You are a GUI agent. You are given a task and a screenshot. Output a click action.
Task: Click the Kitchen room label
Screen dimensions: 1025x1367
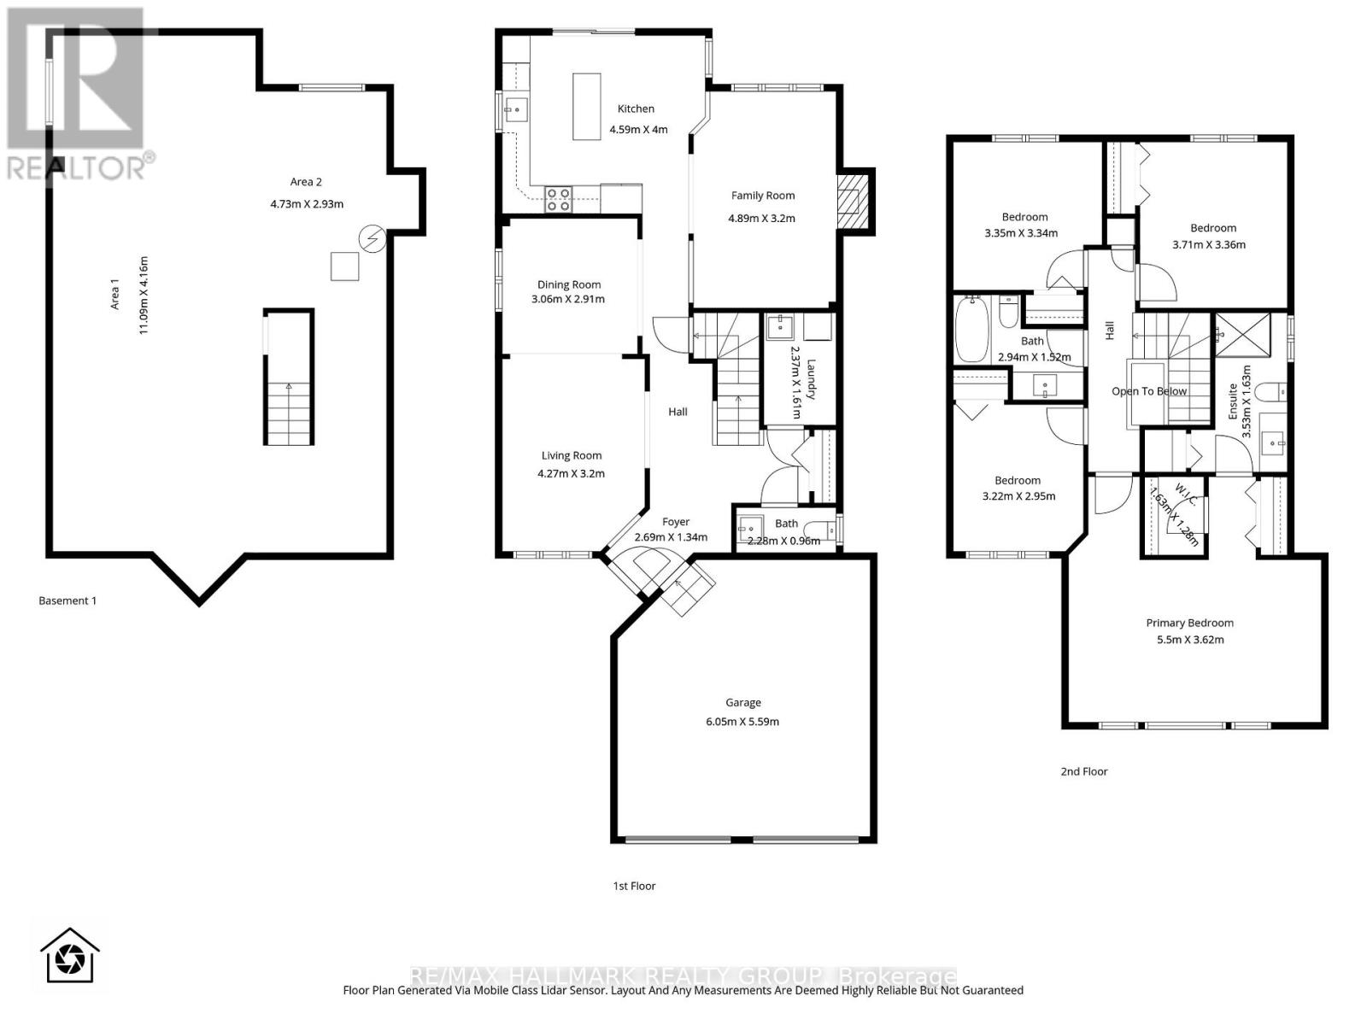(636, 108)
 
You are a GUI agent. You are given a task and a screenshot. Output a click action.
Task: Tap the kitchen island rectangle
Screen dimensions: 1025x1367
(586, 106)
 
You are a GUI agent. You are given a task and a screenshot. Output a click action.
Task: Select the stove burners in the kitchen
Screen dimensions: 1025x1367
(558, 200)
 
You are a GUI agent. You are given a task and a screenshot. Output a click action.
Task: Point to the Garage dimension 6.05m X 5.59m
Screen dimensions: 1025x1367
(742, 721)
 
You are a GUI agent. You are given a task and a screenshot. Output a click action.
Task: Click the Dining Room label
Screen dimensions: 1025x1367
(569, 284)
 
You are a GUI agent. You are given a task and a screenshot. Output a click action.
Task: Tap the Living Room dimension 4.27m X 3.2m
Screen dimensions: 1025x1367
(571, 472)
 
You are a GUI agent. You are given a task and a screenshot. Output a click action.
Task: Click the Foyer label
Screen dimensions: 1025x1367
(675, 521)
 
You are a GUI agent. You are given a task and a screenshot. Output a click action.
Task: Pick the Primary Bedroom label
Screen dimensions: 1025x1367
(1189, 623)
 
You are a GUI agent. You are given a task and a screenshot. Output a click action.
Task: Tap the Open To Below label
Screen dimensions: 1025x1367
(1149, 391)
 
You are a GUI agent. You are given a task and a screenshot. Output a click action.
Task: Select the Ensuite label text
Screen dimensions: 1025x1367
(1233, 401)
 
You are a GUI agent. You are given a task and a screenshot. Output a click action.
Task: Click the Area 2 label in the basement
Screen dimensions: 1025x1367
(306, 181)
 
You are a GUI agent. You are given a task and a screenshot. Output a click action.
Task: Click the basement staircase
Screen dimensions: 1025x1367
(289, 410)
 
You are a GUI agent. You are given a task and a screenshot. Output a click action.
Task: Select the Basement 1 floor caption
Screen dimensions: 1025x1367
(67, 600)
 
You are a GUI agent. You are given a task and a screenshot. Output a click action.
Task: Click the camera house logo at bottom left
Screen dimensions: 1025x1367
(70, 956)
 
